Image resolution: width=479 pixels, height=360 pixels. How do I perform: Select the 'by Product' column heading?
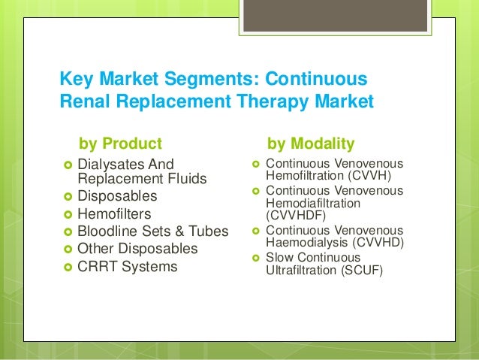point(120,143)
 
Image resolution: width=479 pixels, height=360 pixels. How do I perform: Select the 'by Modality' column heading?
point(311,143)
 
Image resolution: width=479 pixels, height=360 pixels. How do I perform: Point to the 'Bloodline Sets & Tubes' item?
point(152,231)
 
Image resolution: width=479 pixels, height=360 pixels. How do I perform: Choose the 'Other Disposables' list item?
point(137,249)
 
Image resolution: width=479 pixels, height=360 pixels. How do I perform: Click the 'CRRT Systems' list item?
point(128,267)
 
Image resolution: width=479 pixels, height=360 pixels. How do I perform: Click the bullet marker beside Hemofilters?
point(68,214)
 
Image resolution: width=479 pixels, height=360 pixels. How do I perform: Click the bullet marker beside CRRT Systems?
point(68,268)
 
